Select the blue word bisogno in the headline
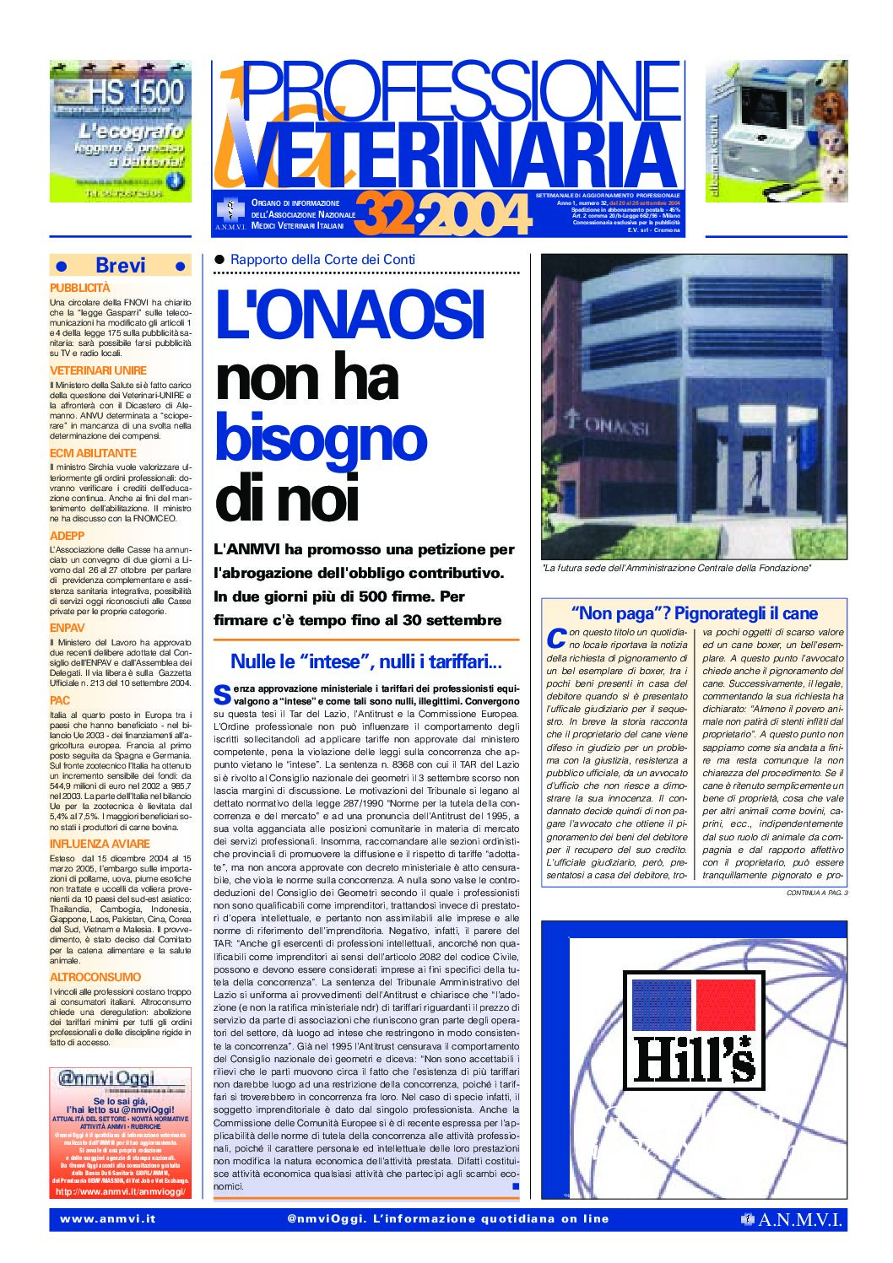(x=321, y=437)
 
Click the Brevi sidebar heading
(x=120, y=265)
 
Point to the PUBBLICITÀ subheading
(x=80, y=288)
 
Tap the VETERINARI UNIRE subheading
(x=98, y=370)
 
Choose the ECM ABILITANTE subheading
(x=93, y=453)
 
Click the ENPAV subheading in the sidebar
(x=68, y=628)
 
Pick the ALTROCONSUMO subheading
(x=95, y=977)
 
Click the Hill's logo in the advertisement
(x=694, y=1028)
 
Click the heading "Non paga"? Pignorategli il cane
(x=694, y=613)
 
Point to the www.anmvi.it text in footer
(x=108, y=1219)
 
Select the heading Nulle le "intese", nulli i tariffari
(x=366, y=661)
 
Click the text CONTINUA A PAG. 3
(x=816, y=893)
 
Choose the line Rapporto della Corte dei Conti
(x=322, y=260)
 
